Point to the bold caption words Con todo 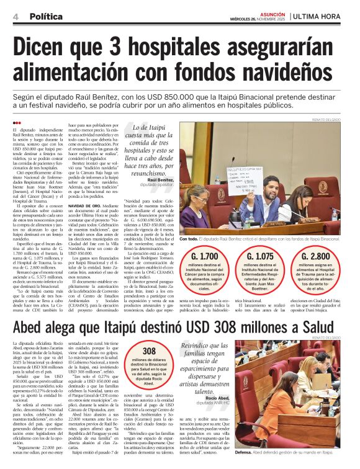click(189, 239)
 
